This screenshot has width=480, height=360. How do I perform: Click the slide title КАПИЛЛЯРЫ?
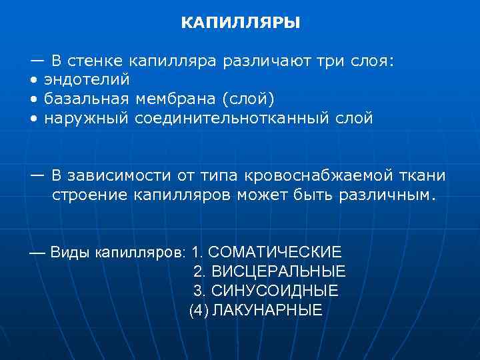tap(240, 23)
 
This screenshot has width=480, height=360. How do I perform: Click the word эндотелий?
tap(87, 80)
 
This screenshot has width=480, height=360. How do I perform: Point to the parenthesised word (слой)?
tap(247, 99)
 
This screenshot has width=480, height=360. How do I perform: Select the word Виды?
tap(70, 253)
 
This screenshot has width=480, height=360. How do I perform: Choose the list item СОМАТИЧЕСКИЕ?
tap(275, 253)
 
